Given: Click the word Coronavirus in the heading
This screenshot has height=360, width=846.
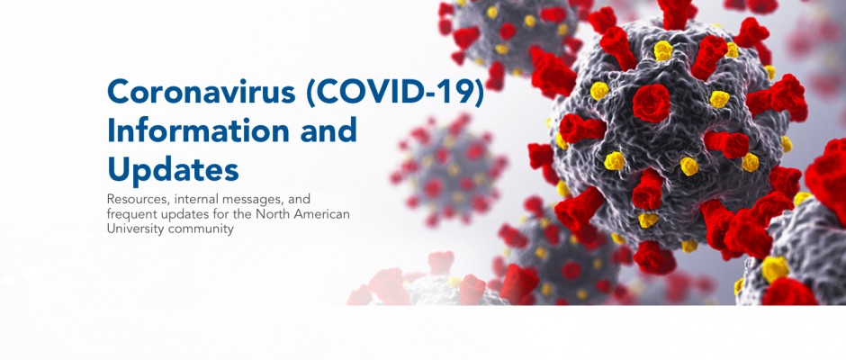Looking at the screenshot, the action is point(202,92).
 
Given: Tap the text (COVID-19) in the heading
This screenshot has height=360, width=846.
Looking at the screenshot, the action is point(395,93).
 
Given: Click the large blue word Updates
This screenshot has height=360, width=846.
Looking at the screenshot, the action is point(173,169).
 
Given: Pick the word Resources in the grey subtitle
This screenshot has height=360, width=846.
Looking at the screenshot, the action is point(138,199).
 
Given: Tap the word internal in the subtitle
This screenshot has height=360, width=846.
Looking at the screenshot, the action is point(193,199).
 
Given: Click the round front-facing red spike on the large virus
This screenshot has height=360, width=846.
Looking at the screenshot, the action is point(652,103).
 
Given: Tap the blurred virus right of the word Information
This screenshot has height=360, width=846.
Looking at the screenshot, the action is point(449,170).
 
